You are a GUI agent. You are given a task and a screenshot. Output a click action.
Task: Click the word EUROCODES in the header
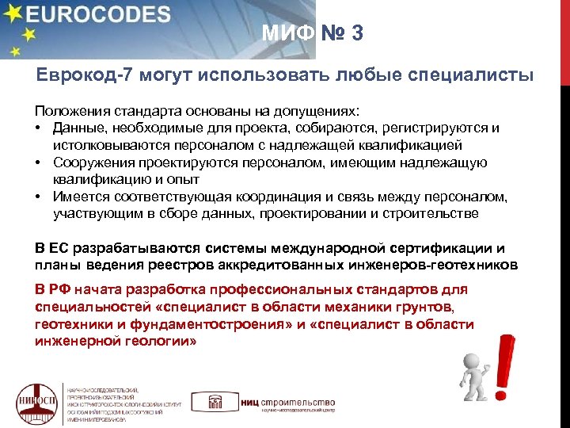click(102, 16)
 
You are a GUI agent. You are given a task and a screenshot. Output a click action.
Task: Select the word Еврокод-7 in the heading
click(78, 75)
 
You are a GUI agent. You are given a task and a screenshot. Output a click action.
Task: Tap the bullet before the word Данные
click(39, 128)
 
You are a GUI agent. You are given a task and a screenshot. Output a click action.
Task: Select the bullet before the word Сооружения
click(39, 162)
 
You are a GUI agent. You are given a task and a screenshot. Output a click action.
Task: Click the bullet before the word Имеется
click(39, 197)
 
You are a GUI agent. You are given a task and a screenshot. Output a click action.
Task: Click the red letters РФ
click(62, 288)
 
